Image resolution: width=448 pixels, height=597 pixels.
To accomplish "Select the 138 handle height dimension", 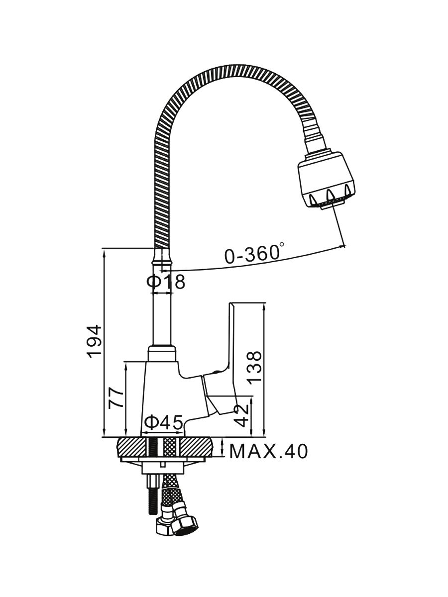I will [255, 367].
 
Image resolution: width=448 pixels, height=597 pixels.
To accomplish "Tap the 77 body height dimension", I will [116, 398].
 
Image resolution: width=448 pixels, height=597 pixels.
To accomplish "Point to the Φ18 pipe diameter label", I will [166, 282].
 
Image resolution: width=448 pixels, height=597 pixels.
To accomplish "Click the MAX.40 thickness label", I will [268, 451].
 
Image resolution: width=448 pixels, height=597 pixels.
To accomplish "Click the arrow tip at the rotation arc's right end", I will [344, 245].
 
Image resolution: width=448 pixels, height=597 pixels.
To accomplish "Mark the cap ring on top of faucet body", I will [162, 354].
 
